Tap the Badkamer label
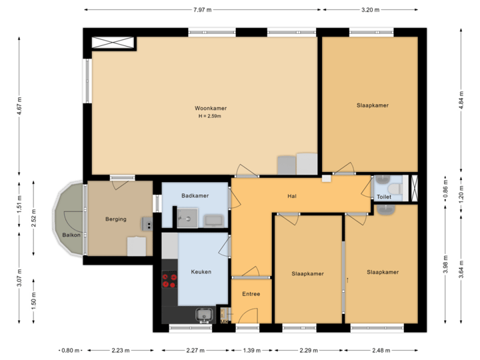195,196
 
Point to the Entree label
251,294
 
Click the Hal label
291,196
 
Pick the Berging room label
115,219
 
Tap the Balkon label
71,235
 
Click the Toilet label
384,197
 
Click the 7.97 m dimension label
201,10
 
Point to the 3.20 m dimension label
370,10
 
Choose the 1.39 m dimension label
251,350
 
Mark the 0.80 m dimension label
70,350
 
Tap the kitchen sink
203,313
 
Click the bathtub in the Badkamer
213,219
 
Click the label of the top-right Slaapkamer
372,105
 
